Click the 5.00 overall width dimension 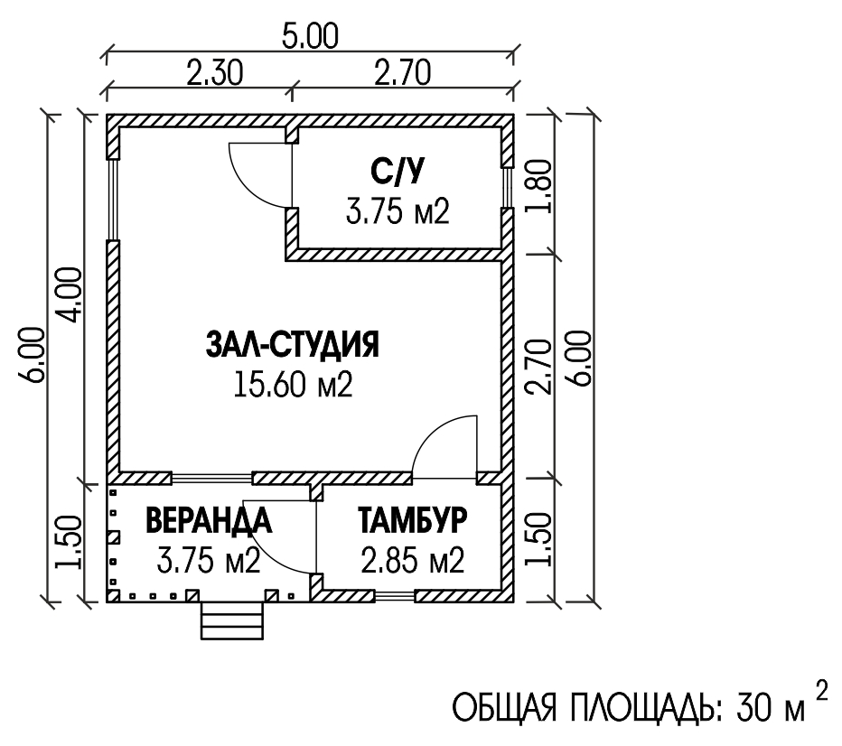[311, 36]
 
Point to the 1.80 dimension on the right [539, 186]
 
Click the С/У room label [398, 172]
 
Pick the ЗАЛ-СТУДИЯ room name [293, 344]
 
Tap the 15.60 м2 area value [294, 384]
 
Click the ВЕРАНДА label [209, 519]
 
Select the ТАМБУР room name [412, 519]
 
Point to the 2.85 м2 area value [412, 560]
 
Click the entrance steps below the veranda [232, 621]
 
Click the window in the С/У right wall [508, 187]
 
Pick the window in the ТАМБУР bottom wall [395, 596]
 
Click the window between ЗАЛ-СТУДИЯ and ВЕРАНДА [211, 477]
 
